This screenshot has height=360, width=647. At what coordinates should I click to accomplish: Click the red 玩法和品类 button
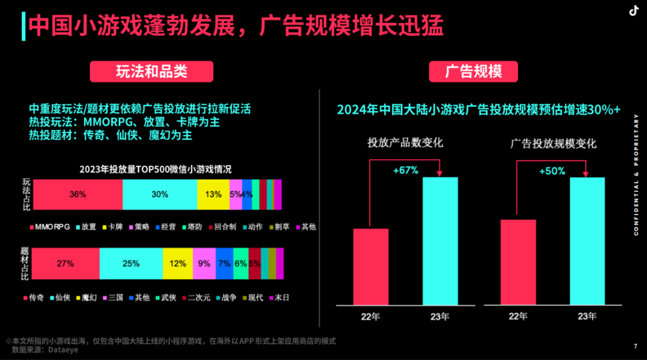click(x=152, y=72)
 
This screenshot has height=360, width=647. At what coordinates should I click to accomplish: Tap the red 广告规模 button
click(x=473, y=72)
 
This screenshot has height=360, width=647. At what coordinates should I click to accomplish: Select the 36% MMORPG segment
click(x=77, y=194)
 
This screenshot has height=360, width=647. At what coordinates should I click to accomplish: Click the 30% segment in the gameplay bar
click(x=159, y=194)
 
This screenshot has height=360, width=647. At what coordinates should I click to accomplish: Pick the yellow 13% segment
click(x=213, y=194)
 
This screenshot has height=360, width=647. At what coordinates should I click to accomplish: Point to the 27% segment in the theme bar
click(x=65, y=263)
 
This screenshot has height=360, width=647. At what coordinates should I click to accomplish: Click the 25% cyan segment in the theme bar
click(x=131, y=263)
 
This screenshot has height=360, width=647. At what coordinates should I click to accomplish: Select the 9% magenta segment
click(x=204, y=263)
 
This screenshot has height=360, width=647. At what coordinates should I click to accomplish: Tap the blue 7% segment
click(x=224, y=263)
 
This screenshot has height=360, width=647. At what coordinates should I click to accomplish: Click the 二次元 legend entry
click(x=196, y=297)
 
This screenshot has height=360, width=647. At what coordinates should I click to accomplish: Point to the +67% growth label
click(x=406, y=171)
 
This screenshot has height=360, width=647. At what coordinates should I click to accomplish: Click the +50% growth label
click(x=552, y=171)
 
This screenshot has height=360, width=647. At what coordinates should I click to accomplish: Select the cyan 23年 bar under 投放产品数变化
click(x=440, y=241)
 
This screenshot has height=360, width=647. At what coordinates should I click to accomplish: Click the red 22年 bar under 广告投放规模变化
click(x=518, y=262)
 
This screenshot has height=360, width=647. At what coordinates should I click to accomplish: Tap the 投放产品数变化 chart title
click(x=405, y=143)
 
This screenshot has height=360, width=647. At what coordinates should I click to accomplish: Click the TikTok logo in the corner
click(x=632, y=10)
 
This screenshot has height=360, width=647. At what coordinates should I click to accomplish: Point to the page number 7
click(x=635, y=346)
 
